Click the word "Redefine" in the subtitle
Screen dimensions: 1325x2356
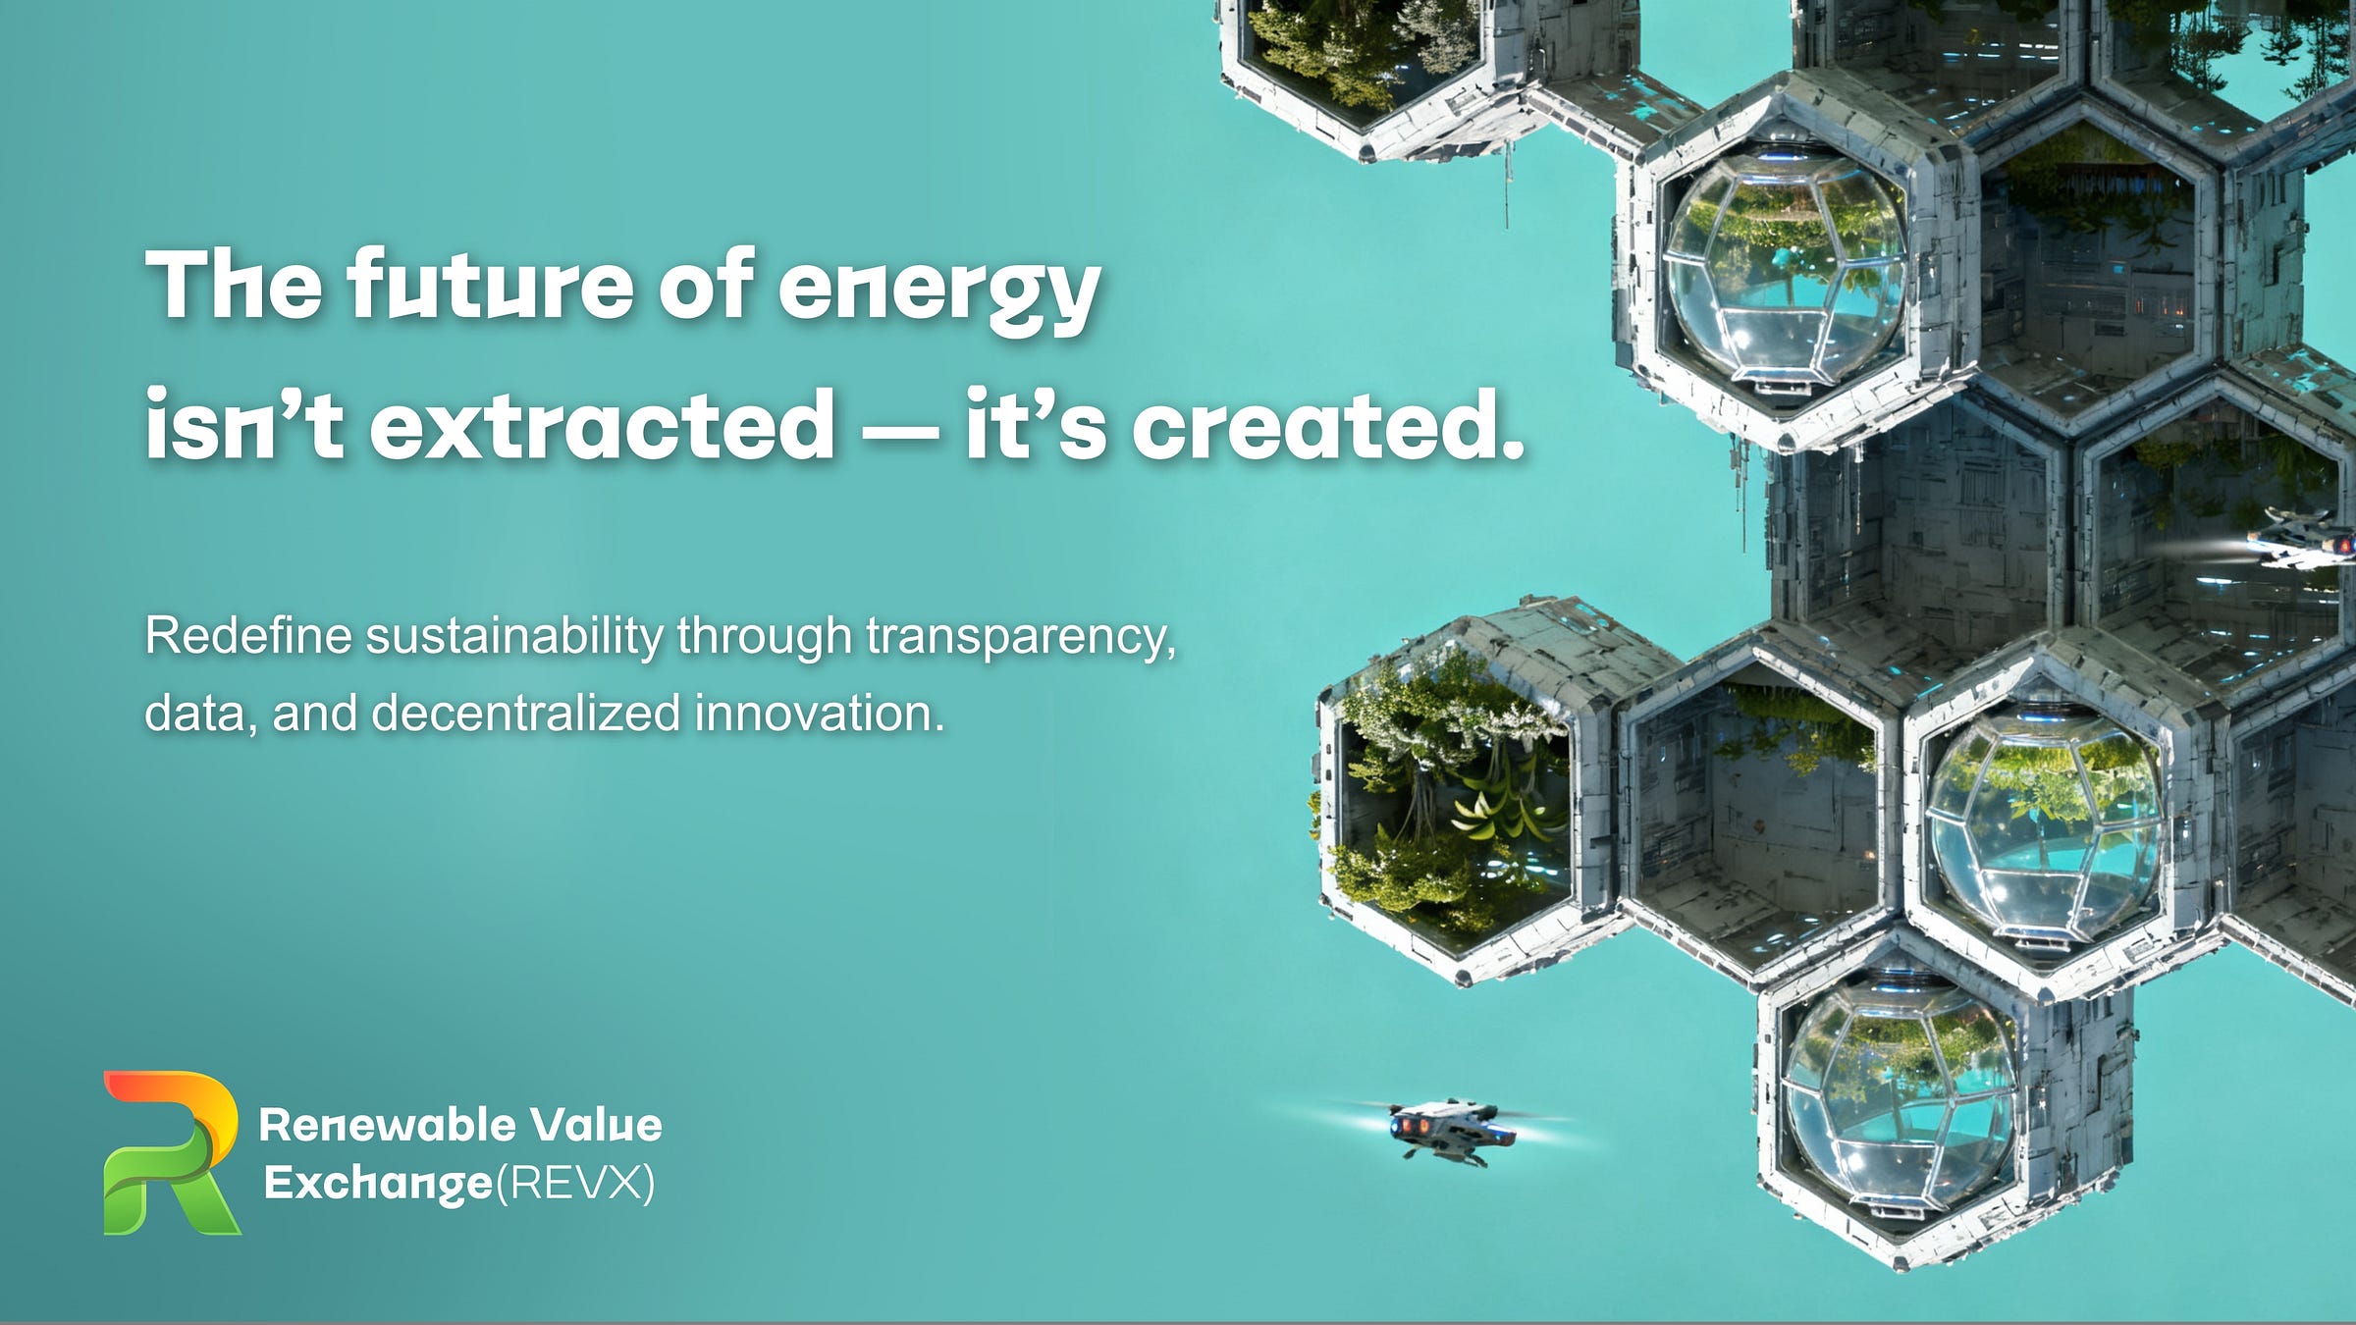[x=248, y=635]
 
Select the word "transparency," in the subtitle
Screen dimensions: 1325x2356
[x=1021, y=637]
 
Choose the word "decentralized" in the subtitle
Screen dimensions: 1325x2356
[x=525, y=714]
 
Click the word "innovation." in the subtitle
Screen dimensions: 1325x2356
[x=819, y=714]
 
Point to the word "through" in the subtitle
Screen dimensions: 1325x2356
[x=764, y=637]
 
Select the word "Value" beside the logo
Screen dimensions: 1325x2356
[x=596, y=1125]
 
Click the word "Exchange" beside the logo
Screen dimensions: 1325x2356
[x=378, y=1183]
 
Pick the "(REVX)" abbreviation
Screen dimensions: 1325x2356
[x=575, y=1183]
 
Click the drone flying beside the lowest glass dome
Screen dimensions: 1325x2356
[x=1443, y=1132]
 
